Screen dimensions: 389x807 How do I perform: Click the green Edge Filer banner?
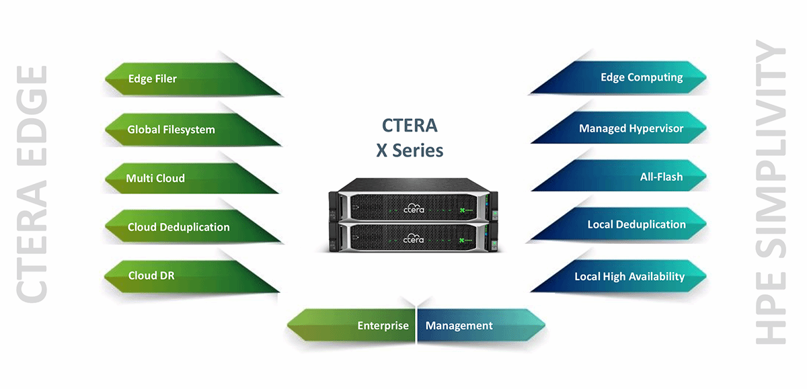point(175,79)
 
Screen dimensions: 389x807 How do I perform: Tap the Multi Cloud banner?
point(175,178)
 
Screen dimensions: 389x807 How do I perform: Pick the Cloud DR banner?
point(175,275)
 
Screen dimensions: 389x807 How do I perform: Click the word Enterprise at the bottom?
point(383,326)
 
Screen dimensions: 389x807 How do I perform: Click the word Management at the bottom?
point(459,326)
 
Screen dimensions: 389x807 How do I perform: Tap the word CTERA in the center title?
point(410,126)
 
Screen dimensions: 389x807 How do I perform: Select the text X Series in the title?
point(410,150)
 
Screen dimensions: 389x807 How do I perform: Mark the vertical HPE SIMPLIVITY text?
point(771,195)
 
